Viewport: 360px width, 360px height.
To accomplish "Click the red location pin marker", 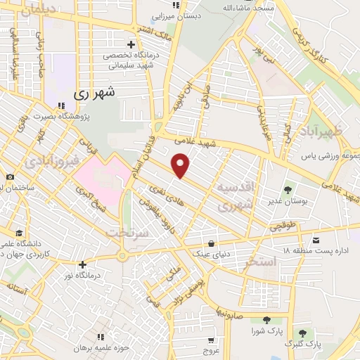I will tap(181, 166).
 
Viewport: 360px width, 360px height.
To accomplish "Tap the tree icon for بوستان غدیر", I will tap(288, 190).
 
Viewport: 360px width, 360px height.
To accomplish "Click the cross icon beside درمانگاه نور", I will tap(83, 265).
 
